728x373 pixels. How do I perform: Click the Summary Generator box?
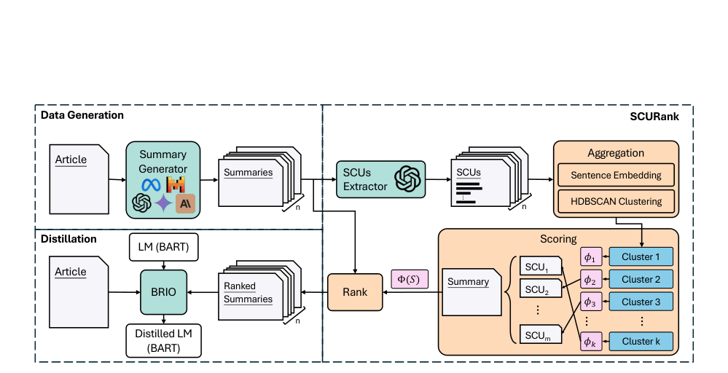click(x=163, y=179)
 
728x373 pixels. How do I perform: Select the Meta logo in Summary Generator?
click(x=151, y=184)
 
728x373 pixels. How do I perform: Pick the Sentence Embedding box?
click(x=616, y=176)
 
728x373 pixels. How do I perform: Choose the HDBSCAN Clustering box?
click(x=616, y=201)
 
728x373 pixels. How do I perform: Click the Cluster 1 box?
click(x=641, y=257)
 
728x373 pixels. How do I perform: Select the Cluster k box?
click(x=641, y=341)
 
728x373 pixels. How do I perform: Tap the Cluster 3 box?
click(x=641, y=302)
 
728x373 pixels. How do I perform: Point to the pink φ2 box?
click(x=591, y=279)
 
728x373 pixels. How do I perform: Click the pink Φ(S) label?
click(x=410, y=278)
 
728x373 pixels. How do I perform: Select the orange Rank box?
click(x=354, y=292)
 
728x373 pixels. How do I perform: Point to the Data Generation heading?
click(x=82, y=115)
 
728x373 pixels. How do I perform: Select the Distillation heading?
click(x=69, y=238)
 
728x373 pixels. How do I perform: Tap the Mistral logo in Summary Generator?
click(x=176, y=184)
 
